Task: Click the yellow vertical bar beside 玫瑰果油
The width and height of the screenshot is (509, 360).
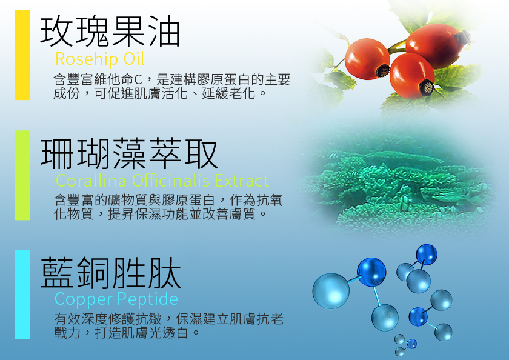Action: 22,55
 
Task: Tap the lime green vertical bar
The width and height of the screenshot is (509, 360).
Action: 22,175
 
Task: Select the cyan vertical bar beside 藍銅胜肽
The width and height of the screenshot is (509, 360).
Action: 22,295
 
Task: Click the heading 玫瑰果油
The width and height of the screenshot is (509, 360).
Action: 110,32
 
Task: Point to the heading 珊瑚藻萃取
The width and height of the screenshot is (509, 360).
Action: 129,153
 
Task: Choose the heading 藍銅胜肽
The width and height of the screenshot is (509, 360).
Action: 111,273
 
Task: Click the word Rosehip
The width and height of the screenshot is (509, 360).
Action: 87,59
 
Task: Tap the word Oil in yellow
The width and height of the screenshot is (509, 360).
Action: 134,59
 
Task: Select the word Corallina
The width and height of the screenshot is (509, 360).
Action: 91,181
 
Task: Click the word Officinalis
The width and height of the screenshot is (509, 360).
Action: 171,181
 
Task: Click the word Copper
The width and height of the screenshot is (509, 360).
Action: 84,299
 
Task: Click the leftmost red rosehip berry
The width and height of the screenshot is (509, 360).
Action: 367,59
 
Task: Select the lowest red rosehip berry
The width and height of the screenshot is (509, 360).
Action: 412,76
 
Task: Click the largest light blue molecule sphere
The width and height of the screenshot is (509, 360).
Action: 331,290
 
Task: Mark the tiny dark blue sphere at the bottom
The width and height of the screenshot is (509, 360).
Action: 412,344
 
